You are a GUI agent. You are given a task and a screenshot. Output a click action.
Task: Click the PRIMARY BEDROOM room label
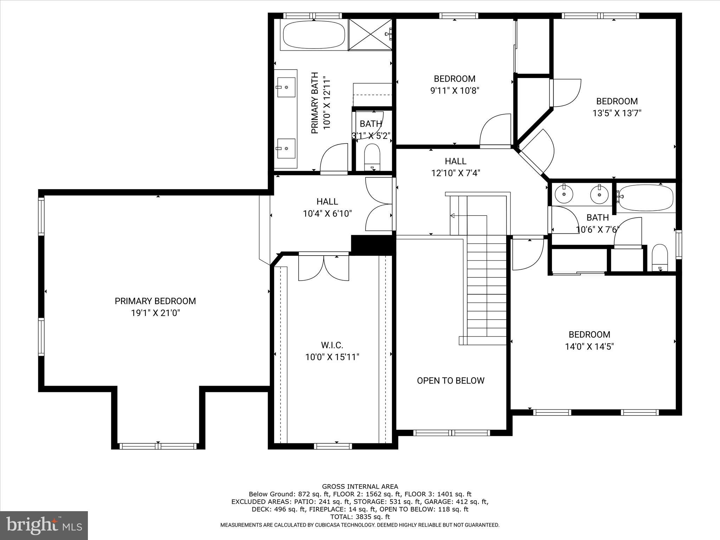click(155, 301)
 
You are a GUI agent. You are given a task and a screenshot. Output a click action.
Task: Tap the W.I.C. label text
click(332, 345)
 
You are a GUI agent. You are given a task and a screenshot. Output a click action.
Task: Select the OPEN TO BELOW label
click(450, 381)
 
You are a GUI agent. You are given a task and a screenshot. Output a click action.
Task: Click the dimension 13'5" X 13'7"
click(617, 113)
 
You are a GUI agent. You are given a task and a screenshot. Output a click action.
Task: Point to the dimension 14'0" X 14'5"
click(589, 347)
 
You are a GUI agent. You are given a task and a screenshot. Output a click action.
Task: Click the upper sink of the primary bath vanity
click(286, 87)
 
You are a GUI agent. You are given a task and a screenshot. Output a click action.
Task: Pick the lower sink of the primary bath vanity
click(286, 148)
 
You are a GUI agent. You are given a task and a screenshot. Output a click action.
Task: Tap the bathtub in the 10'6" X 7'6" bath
click(646, 198)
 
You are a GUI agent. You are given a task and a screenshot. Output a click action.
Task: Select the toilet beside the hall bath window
click(660, 257)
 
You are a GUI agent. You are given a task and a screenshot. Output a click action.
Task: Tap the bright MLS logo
click(44, 525)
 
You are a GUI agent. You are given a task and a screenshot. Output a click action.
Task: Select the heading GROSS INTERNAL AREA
click(360, 487)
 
